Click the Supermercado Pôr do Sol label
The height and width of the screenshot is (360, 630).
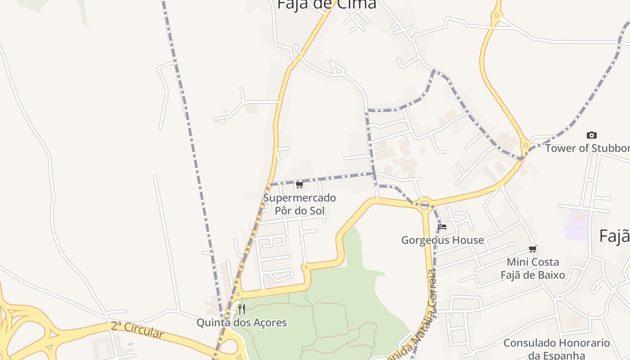299,204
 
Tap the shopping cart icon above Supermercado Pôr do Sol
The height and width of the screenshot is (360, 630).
299,184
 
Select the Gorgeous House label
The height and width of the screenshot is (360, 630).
442,240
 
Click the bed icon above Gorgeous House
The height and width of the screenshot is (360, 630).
442,227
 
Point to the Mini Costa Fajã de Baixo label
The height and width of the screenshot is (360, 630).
533,268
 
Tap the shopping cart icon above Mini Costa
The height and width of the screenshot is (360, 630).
533,249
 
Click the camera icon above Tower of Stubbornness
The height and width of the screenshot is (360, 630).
592,135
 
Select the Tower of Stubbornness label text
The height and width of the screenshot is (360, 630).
587,148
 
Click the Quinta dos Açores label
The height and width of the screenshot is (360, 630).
241,322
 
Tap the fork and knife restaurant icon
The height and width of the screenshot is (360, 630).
242,309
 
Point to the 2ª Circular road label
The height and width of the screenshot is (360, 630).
137,330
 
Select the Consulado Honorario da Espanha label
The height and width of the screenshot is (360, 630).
556,349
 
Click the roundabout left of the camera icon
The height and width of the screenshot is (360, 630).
525,145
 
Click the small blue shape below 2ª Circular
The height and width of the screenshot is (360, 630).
130,344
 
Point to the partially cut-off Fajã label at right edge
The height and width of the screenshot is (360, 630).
615,236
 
